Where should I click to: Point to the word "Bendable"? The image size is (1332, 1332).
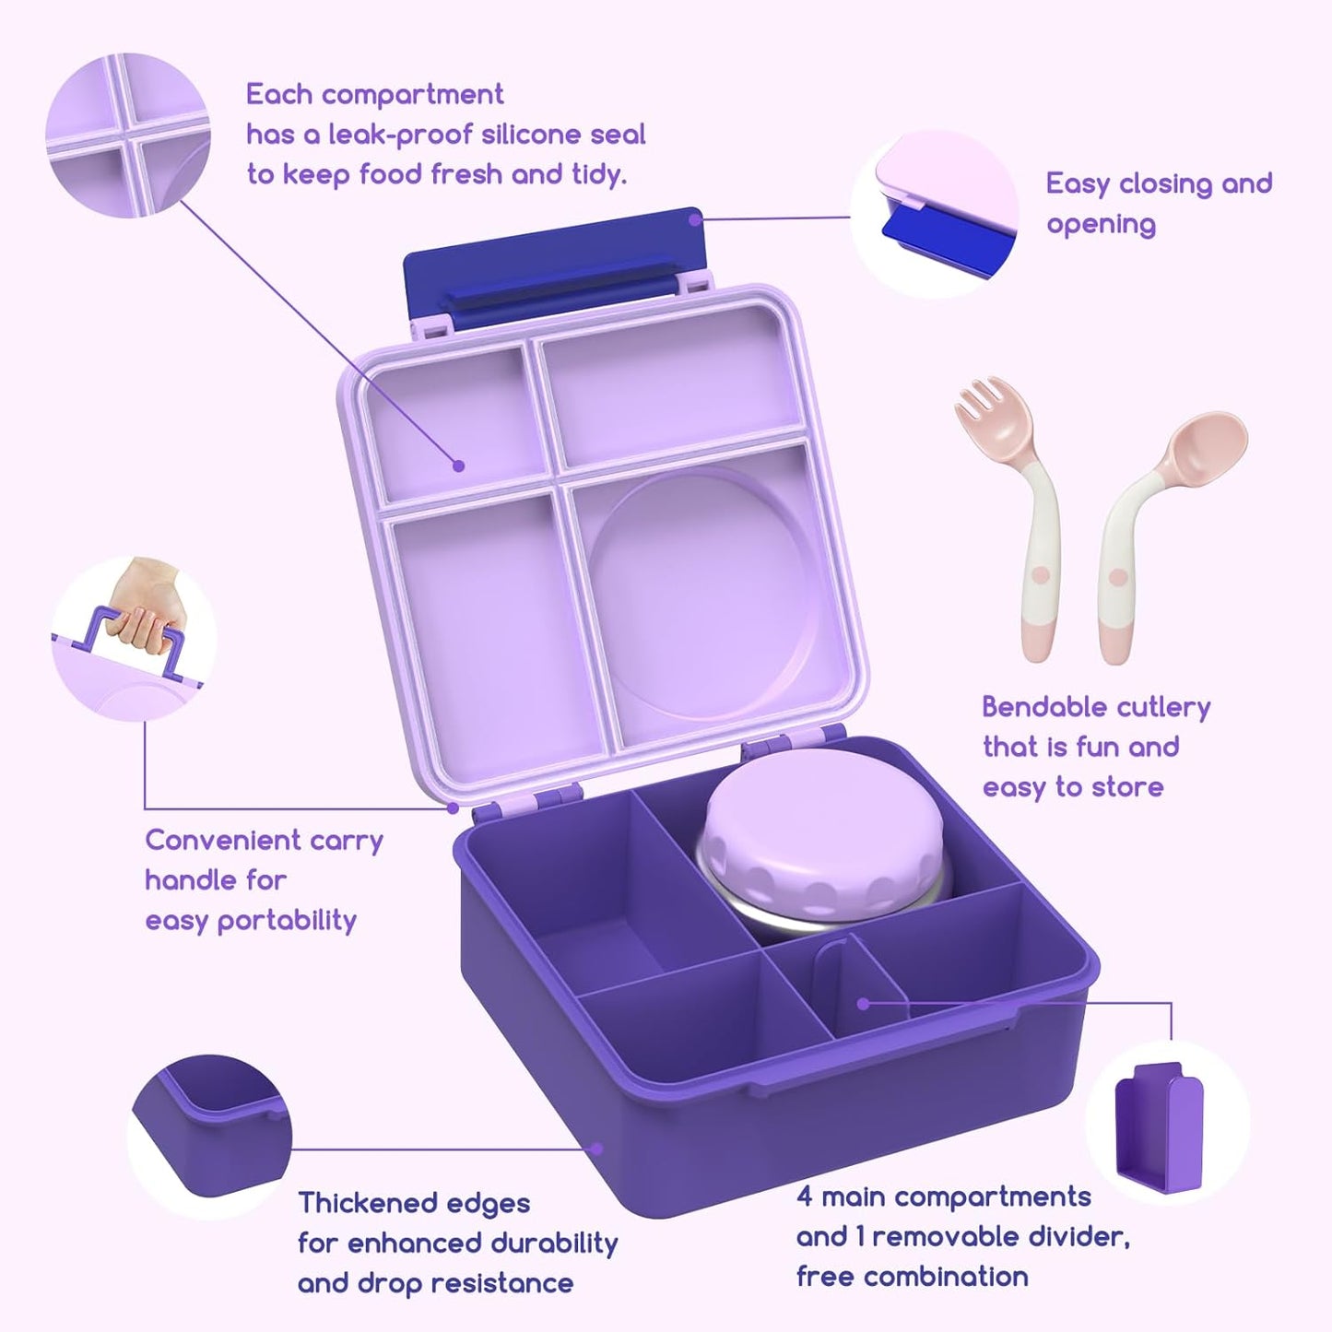1033,707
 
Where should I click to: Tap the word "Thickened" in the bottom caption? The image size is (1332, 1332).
368,1203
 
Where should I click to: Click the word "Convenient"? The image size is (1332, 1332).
211,840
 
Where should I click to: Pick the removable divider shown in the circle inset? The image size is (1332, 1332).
1158,1129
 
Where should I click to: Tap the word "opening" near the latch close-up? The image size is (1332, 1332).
1101,224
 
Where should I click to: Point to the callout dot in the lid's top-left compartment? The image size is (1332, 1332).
458,466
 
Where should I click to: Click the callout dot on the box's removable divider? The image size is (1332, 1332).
863,1004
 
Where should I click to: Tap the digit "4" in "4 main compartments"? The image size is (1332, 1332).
805,1196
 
